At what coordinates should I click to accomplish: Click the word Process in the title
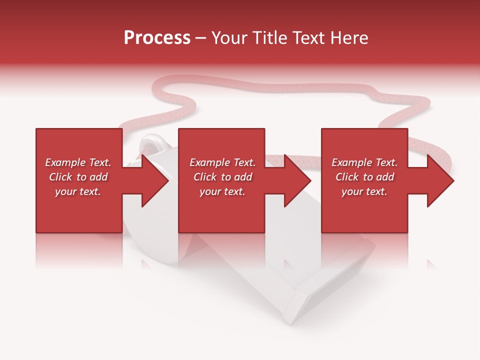pos(157,38)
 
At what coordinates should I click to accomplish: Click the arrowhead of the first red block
pos(155,180)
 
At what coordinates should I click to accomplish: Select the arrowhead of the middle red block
pos(297,180)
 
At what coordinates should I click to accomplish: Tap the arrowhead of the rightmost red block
pos(440,180)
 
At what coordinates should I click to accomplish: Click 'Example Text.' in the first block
pos(78,162)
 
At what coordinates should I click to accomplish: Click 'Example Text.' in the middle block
pos(222,162)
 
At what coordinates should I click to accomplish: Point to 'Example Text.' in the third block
pos(364,162)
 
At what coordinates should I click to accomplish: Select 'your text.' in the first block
pos(78,191)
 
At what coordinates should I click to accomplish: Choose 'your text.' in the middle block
pos(222,191)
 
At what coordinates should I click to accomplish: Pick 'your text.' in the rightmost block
pos(364,191)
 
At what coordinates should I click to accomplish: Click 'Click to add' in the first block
pos(78,177)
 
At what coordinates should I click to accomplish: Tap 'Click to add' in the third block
pos(364,177)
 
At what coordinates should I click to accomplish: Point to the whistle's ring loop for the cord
pos(149,145)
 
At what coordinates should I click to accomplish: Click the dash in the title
pos(201,38)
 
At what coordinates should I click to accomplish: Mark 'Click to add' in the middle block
pos(222,177)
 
